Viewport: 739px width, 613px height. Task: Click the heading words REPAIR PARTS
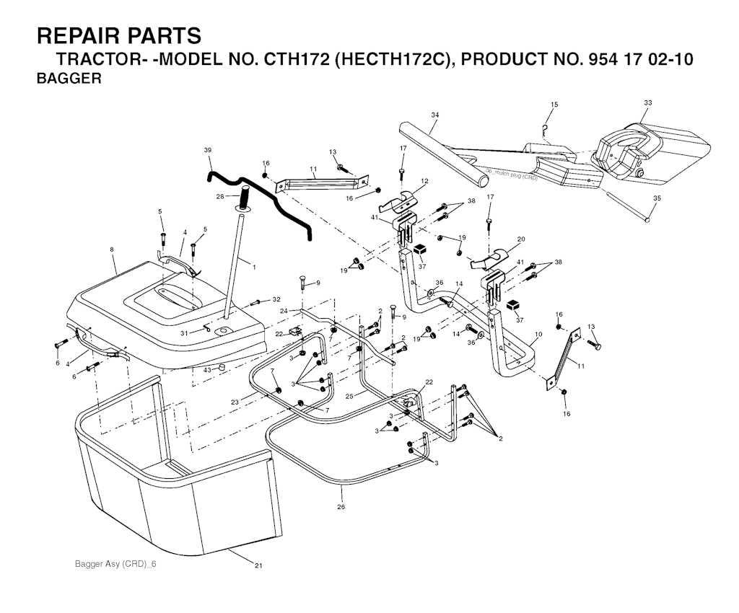point(119,36)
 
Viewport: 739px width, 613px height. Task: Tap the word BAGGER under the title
point(69,78)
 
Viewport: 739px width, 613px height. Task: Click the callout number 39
point(208,150)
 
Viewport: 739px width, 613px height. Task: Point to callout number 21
point(258,565)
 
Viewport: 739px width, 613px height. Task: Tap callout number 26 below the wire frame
point(341,506)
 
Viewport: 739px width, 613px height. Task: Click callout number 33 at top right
point(647,102)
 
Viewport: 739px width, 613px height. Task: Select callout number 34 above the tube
point(435,115)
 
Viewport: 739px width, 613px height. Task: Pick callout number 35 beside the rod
point(657,198)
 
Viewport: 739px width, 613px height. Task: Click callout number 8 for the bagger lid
point(112,250)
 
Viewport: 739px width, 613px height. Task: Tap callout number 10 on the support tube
point(538,335)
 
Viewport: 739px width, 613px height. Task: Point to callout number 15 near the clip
point(554,105)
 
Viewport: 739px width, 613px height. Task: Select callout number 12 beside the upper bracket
point(424,181)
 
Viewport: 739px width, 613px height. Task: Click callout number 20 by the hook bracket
point(521,239)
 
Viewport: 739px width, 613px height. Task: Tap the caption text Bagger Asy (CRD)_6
point(115,564)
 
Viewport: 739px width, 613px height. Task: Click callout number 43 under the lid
point(207,370)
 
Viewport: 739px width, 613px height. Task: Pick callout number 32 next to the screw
point(276,299)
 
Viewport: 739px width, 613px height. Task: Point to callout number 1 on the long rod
point(255,268)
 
